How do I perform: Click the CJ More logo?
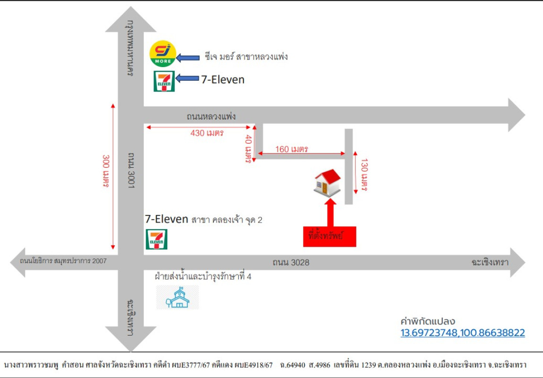tap(163, 54)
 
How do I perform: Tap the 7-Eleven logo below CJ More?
tap(164, 81)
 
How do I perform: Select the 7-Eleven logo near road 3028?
tap(156, 239)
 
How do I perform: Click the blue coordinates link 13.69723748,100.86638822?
tap(463, 333)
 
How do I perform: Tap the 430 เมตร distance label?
tap(207, 133)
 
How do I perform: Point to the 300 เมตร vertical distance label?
tap(106, 171)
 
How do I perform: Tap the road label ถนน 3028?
tap(291, 262)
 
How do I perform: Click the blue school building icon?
tap(178, 298)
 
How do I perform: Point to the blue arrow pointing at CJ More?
tap(188, 58)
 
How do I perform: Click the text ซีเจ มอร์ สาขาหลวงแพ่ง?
tap(246, 57)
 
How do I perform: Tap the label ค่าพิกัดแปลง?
tap(427, 322)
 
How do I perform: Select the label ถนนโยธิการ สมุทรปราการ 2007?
tap(63, 261)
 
